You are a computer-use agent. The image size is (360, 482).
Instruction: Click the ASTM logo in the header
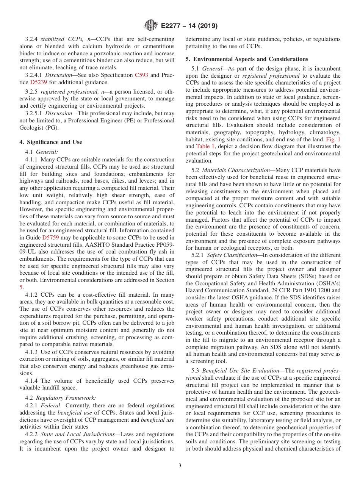[x=150, y=26]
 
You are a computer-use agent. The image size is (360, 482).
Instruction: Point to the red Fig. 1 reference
[x=333, y=139]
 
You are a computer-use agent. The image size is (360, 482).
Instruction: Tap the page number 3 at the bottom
[x=180, y=466]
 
